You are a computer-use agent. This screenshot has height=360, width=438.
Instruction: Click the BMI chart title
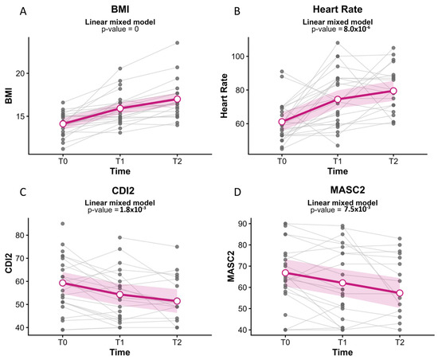tap(120, 10)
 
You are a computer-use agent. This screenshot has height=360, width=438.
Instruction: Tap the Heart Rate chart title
tap(338, 10)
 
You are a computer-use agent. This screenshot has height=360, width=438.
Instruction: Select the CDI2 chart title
tap(123, 190)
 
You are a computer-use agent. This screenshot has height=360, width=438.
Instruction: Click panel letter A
tap(23, 12)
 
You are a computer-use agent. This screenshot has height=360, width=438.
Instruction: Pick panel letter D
tap(237, 193)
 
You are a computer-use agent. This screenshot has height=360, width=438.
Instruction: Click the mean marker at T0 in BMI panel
tap(63, 123)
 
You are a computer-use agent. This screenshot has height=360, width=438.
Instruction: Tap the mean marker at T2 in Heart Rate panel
tap(393, 91)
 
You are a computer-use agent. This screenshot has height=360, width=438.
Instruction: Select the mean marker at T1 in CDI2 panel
tap(119, 295)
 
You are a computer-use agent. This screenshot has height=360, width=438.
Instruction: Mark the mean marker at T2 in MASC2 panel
tap(400, 293)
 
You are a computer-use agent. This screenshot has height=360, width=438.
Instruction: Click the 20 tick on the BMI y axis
tap(20, 73)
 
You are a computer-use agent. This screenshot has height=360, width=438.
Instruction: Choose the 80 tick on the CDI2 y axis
tap(20, 235)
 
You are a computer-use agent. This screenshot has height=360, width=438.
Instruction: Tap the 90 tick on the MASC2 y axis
tap(242, 224)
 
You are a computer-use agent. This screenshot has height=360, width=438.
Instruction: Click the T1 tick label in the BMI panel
tap(120, 162)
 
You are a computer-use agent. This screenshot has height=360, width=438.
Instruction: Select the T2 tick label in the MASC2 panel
tap(400, 342)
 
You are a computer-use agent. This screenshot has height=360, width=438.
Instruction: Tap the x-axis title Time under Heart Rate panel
tap(338, 171)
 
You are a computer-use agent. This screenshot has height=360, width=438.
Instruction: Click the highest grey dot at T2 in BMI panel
tap(177, 43)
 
